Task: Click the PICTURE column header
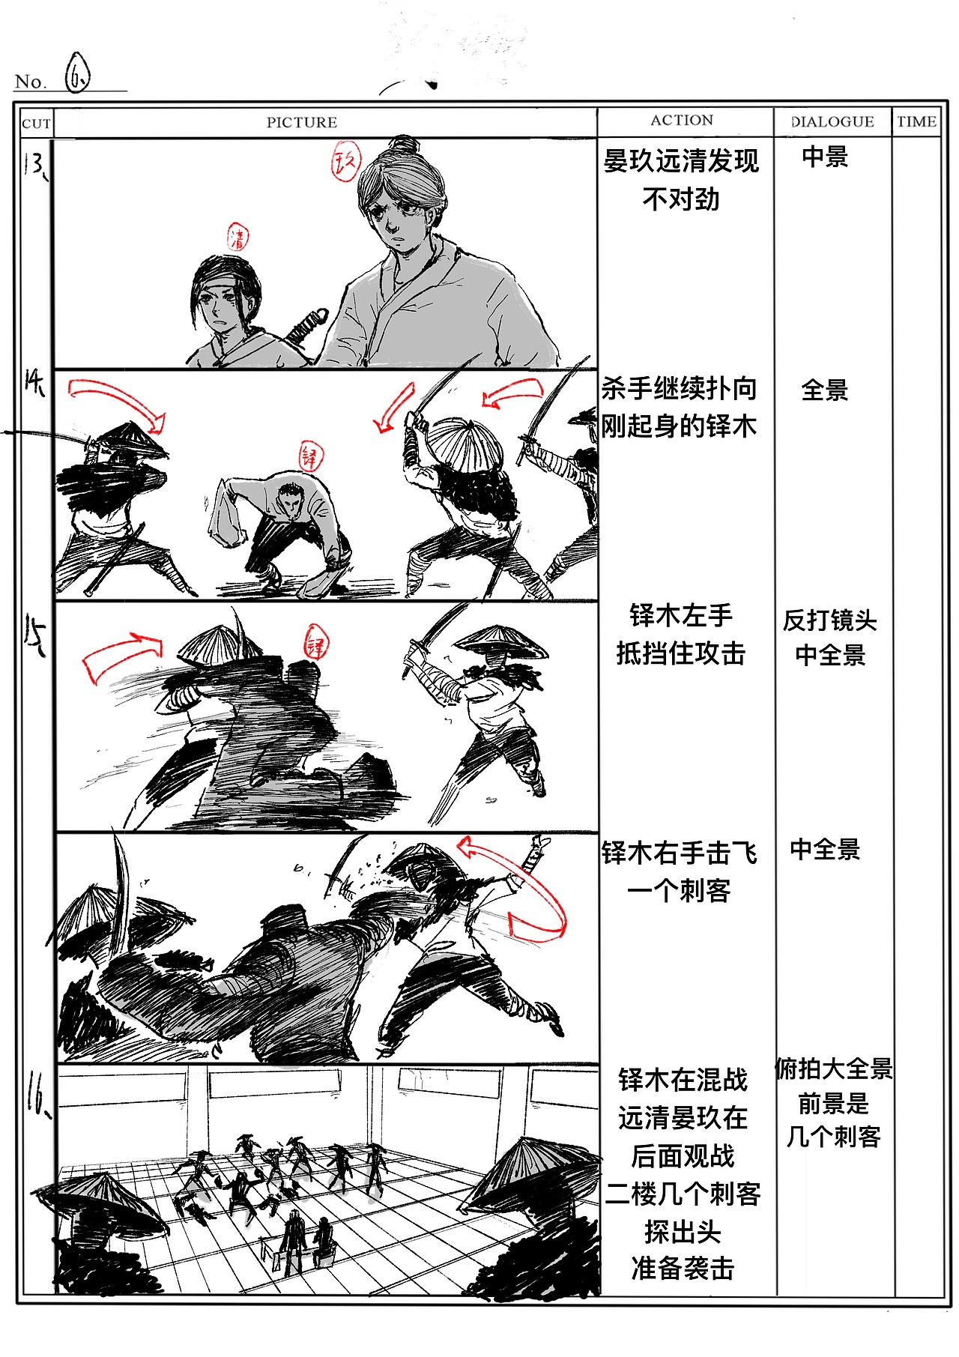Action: pyautogui.click(x=302, y=122)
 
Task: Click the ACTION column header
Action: pyautogui.click(x=682, y=120)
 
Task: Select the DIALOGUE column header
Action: pyautogui.click(x=832, y=121)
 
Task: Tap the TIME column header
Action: pyautogui.click(x=916, y=121)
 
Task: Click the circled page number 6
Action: pyautogui.click(x=77, y=73)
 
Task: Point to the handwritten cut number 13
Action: pyautogui.click(x=34, y=164)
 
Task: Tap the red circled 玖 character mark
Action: pyautogui.click(x=346, y=161)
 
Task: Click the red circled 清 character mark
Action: pyautogui.click(x=238, y=237)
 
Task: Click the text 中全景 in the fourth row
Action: pyautogui.click(x=825, y=849)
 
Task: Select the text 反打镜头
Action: pyautogui.click(x=829, y=620)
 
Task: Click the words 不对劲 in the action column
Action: pyautogui.click(x=680, y=199)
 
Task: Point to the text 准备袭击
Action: pyautogui.click(x=683, y=1269)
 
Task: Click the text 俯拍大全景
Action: pyautogui.click(x=834, y=1069)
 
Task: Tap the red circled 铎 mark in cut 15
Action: pyautogui.click(x=316, y=644)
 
